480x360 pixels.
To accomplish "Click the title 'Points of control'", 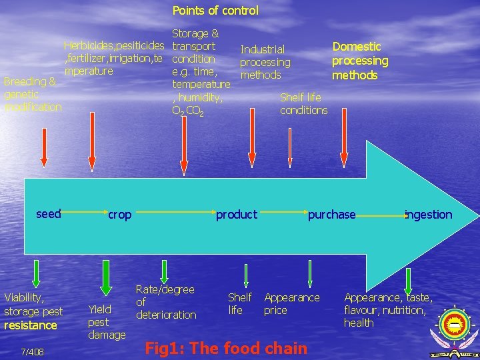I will click(215, 11).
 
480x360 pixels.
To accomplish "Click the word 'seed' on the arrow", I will click(49, 214).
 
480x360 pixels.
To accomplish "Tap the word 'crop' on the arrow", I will click(120, 215).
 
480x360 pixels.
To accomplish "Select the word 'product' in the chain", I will click(236, 215).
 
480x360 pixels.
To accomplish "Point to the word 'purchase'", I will click(331, 215).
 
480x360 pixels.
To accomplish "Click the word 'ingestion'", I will click(429, 215).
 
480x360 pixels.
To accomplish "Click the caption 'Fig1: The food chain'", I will click(227, 348).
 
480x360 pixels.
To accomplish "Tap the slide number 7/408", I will click(33, 351).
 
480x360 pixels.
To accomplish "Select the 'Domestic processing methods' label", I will click(360, 61).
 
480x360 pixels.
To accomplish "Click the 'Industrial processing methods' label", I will click(265, 62).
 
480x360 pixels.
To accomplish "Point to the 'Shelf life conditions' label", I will click(303, 103).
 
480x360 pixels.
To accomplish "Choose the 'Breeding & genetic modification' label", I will click(33, 94).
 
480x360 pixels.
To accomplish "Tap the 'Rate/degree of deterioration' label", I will click(165, 302).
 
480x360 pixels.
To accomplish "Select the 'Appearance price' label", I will click(292, 304).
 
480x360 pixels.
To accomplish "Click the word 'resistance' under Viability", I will click(31, 325).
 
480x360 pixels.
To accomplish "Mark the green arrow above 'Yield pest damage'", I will click(105, 274).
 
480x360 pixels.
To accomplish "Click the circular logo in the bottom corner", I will click(455, 327).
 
